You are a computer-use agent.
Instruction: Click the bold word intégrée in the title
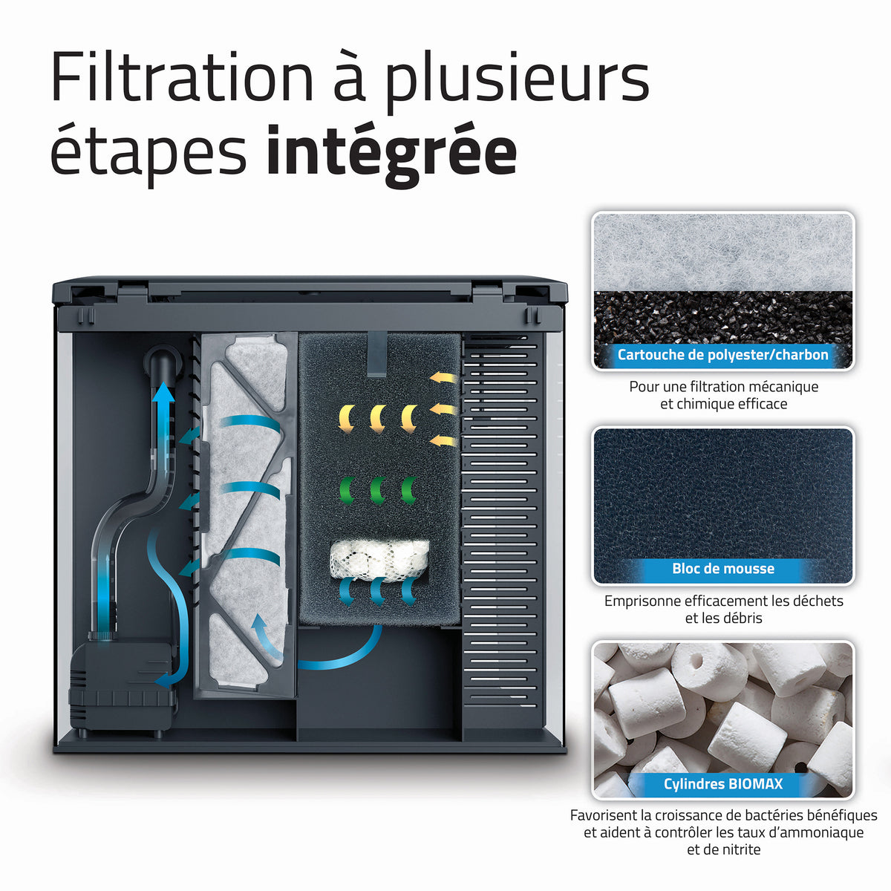point(391,152)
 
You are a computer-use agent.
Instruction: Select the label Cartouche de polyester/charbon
point(722,355)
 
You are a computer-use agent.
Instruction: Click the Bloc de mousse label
point(722,569)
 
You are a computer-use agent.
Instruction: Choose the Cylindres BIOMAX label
point(722,784)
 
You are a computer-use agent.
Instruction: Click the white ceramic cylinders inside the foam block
point(379,560)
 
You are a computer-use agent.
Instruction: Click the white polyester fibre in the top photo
point(722,252)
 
